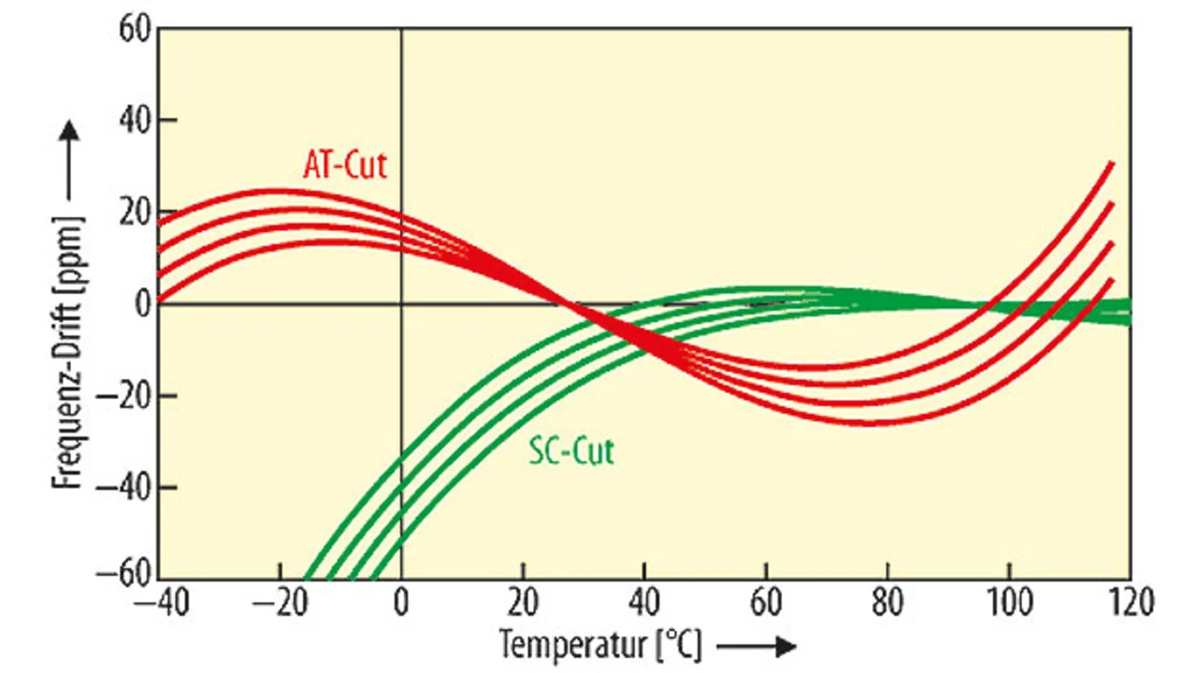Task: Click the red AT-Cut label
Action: pyautogui.click(x=344, y=166)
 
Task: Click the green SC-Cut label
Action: pyautogui.click(x=571, y=452)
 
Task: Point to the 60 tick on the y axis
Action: pyautogui.click(x=133, y=29)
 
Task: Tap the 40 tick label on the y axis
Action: pyautogui.click(x=133, y=121)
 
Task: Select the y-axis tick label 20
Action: pyautogui.click(x=133, y=212)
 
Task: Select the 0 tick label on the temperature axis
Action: pyautogui.click(x=401, y=601)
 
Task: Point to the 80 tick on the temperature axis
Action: pyautogui.click(x=887, y=601)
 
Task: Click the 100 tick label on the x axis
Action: pyautogui.click(x=1008, y=601)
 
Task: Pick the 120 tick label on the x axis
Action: pyautogui.click(x=1130, y=601)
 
